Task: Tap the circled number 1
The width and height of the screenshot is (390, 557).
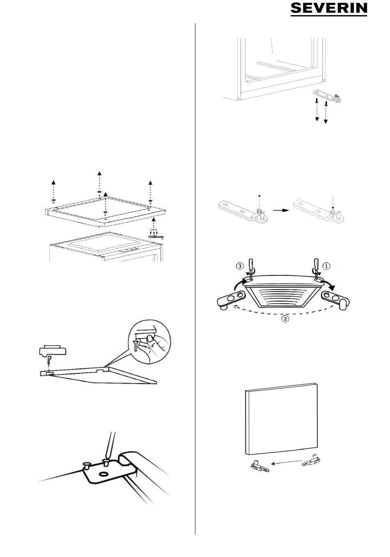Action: (x=326, y=266)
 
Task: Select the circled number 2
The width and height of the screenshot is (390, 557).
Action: (x=285, y=318)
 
